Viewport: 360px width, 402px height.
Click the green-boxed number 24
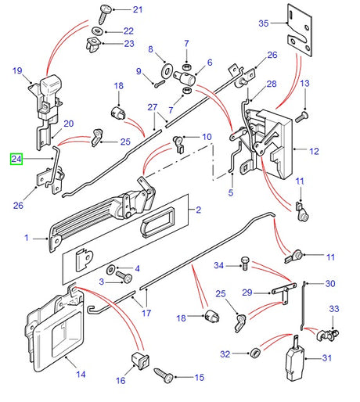click(x=16, y=159)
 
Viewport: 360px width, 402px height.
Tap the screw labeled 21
click(x=104, y=12)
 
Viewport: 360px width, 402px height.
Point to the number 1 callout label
click(x=27, y=237)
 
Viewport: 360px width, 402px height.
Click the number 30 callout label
click(x=329, y=283)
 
